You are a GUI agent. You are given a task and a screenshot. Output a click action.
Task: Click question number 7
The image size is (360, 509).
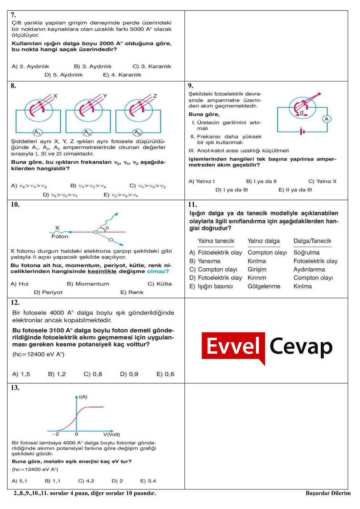[13, 15]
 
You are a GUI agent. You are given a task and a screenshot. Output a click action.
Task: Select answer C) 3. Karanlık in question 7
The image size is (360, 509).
[152, 66]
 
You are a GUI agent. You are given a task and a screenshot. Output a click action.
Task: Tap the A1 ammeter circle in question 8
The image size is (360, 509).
[37, 132]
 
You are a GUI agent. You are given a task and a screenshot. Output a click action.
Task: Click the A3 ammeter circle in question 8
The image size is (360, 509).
[137, 132]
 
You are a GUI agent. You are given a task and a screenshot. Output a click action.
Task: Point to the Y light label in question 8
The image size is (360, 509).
[105, 96]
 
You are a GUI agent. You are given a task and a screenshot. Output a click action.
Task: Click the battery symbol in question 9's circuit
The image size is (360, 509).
[302, 131]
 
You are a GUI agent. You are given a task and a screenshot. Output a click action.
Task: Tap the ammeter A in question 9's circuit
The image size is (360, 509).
[326, 119]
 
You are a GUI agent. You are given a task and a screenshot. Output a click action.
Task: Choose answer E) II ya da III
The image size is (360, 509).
[295, 189]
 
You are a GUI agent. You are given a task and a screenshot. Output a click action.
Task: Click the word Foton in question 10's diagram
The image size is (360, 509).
[60, 236]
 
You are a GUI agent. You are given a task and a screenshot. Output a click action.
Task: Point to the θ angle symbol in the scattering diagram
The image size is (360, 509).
[107, 228]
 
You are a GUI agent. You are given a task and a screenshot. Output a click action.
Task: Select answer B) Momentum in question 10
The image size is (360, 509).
[88, 284]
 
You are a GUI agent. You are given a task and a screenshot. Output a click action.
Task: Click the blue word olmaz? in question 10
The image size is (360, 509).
[158, 271]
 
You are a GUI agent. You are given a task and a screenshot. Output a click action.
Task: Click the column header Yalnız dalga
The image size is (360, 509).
[264, 241]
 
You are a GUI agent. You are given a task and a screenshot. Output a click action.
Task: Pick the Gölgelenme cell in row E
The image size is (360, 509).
[264, 286]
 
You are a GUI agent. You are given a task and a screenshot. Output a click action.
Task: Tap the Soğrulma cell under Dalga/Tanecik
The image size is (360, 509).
[306, 252]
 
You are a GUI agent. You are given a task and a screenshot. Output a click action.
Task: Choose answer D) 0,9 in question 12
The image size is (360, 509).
[129, 374]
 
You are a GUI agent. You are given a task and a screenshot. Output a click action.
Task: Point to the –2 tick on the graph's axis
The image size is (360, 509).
[55, 434]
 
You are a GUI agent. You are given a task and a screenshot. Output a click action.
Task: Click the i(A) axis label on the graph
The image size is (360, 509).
[83, 397]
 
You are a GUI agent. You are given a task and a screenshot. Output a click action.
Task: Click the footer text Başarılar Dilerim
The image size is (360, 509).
[328, 493]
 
